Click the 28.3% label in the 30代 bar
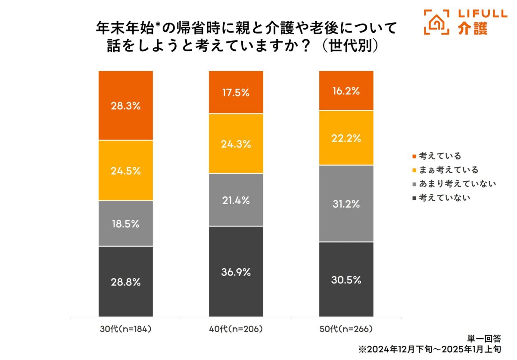click(x=125, y=106)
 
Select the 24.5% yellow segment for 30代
click(x=125, y=171)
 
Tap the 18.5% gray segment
click(x=125, y=223)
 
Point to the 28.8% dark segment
click(x=125, y=282)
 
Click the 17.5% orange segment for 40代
click(x=236, y=92)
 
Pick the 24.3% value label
click(x=236, y=144)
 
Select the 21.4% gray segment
click(x=236, y=200)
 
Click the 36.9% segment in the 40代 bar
click(x=236, y=272)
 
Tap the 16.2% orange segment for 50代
click(x=346, y=91)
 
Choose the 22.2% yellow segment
click(x=346, y=138)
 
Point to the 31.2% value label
click(x=346, y=204)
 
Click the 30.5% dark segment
click(x=346, y=279)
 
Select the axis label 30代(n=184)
click(x=125, y=329)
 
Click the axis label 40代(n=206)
click(x=236, y=329)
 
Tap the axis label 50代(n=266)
click(x=346, y=329)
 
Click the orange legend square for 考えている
click(x=414, y=156)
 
